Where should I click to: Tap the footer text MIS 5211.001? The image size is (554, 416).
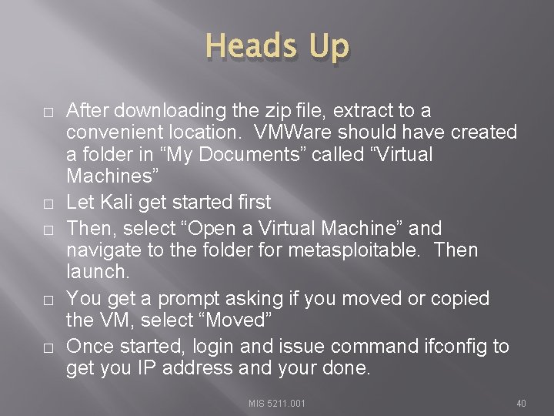(277, 403)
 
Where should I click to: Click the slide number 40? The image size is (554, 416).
(521, 403)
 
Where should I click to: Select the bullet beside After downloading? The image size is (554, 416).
(48, 112)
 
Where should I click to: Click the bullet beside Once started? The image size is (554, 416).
(48, 348)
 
